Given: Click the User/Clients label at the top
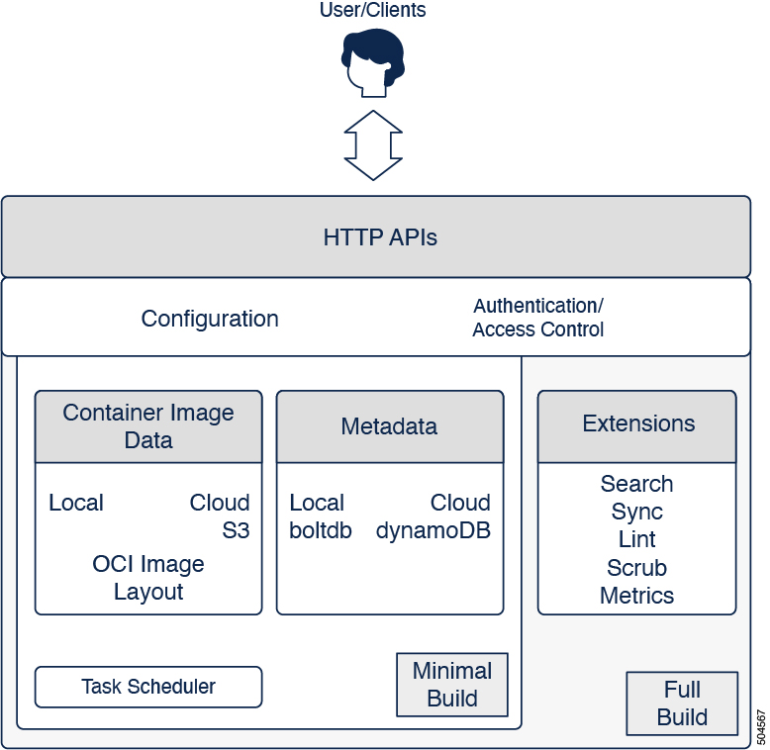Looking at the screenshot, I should tap(372, 11).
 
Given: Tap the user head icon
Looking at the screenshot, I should tap(372, 61).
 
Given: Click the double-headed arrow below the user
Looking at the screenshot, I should tap(373, 144).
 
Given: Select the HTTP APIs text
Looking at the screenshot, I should tap(380, 237).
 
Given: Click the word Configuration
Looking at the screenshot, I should tap(210, 319).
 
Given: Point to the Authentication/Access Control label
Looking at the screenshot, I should tap(538, 318).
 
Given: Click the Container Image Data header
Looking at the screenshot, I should tap(148, 426).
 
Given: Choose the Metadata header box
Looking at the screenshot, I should tap(389, 426).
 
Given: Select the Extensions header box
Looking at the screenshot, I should tap(638, 424).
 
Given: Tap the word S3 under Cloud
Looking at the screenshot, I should tap(236, 530).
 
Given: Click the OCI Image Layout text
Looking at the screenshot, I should tap(148, 578).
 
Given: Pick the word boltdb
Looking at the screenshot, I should tap(321, 530).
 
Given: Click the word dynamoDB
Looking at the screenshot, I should tap(433, 530).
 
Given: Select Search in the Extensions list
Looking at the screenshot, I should tap(636, 484).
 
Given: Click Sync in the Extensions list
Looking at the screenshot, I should tap(636, 512).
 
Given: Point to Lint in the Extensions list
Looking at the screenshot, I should tap(636, 539).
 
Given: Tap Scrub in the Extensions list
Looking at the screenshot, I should tap(636, 568).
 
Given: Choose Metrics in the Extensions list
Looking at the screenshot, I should tap(636, 596).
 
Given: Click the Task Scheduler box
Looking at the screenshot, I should tap(148, 687).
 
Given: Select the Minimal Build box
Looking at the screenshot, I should tap(452, 685).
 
